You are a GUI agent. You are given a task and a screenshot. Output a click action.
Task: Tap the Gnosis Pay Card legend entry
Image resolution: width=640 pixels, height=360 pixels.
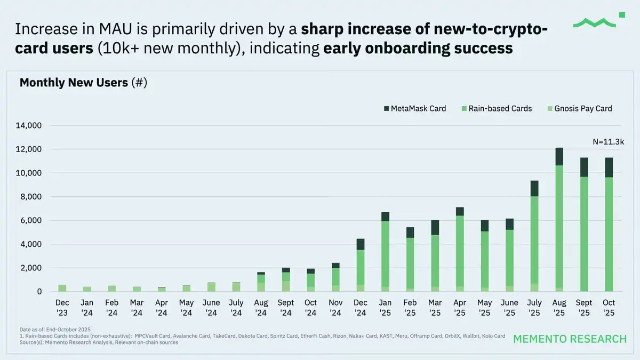(x=580, y=109)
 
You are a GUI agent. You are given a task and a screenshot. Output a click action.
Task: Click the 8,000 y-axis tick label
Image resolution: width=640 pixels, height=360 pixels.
(x=29, y=197)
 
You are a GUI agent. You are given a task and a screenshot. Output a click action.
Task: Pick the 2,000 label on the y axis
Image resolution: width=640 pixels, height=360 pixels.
(x=29, y=268)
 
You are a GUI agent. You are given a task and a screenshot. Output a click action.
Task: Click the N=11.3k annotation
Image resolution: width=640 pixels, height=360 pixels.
(x=609, y=142)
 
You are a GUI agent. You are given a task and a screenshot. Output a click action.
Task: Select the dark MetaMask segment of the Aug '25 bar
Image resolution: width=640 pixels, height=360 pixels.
(x=559, y=157)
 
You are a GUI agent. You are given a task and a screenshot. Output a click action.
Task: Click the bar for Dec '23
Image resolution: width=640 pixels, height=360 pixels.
(x=62, y=288)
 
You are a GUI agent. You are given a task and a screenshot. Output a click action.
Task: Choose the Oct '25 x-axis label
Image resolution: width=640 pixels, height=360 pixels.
(x=609, y=308)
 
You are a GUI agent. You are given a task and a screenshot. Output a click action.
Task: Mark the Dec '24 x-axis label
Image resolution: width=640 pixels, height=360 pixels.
(x=360, y=308)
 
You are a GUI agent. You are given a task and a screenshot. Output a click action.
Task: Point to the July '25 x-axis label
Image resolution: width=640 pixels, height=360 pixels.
(x=534, y=308)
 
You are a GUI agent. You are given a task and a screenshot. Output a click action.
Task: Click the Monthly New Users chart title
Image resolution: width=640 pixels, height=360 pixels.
(x=83, y=83)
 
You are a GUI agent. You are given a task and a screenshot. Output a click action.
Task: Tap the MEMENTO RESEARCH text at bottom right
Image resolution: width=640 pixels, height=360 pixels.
(x=570, y=339)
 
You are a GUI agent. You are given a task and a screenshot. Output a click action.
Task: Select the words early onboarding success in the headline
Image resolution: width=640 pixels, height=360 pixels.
(x=418, y=49)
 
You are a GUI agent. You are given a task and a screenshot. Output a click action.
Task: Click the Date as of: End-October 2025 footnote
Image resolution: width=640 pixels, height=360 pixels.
(x=54, y=330)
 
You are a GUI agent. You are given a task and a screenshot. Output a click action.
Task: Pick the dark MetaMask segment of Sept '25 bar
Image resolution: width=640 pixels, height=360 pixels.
(x=584, y=167)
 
